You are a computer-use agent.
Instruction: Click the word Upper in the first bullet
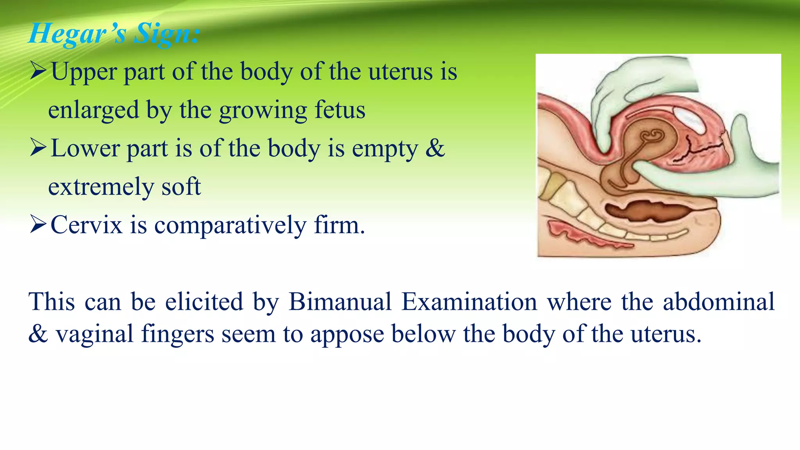click(x=84, y=73)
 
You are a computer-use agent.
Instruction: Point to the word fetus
click(x=340, y=110)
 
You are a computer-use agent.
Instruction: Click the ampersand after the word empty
click(x=435, y=148)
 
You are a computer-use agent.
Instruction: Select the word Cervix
click(x=86, y=225)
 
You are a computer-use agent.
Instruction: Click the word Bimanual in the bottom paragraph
click(x=340, y=302)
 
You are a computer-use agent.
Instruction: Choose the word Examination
click(x=469, y=302)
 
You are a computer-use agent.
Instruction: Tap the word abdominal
click(x=718, y=302)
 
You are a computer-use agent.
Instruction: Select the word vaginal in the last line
click(x=95, y=334)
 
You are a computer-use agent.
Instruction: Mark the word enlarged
click(x=94, y=111)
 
